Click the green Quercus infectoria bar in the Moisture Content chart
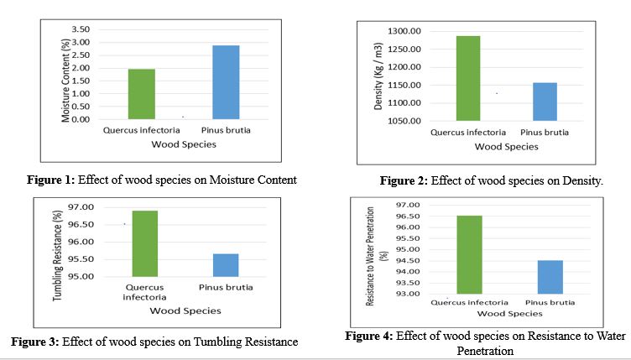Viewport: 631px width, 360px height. pyautogui.click(x=142, y=94)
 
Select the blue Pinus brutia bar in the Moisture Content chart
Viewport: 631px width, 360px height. pyautogui.click(x=226, y=82)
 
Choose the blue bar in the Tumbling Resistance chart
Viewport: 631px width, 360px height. pyautogui.click(x=226, y=264)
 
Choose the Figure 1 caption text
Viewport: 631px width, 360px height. pyautogui.click(x=172, y=179)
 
